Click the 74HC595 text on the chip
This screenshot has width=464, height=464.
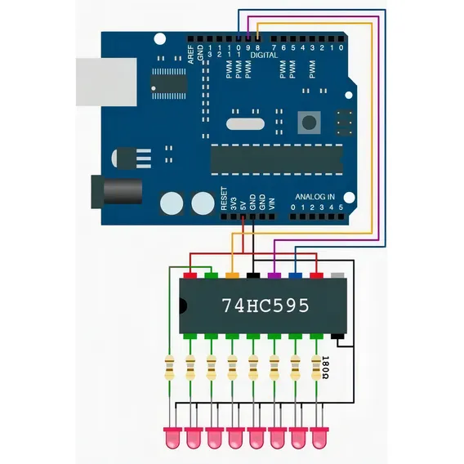(265, 306)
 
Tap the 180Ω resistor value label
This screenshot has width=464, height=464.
(325, 368)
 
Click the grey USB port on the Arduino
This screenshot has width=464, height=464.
(106, 82)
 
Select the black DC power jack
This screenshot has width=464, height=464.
(117, 191)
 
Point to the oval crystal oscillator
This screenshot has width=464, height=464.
(245, 124)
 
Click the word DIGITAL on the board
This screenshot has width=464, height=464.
(264, 55)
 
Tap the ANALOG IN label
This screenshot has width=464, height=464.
(315, 197)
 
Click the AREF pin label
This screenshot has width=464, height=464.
(191, 54)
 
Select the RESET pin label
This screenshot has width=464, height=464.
(224, 199)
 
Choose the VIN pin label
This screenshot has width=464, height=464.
(272, 204)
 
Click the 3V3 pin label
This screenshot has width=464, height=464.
(234, 204)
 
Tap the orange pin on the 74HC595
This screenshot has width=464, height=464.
(232, 275)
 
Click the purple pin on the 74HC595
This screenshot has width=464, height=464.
(274, 275)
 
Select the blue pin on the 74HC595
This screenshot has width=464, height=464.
(296, 275)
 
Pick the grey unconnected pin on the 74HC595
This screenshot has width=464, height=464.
(337, 275)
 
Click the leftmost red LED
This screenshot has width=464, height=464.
(173, 438)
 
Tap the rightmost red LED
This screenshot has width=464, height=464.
(319, 438)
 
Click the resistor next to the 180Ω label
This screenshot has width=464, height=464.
(316, 368)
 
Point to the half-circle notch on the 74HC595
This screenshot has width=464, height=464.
(183, 306)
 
